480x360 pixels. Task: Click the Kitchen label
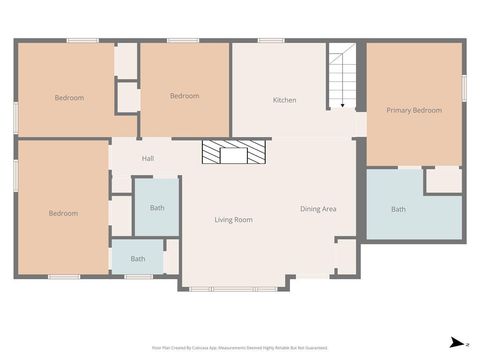tap(285, 100)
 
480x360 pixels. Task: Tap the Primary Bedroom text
tap(414, 110)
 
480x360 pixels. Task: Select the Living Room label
tap(233, 220)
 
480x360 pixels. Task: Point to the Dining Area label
tap(318, 209)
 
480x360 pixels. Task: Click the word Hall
tap(147, 159)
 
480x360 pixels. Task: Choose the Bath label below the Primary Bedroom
tap(398, 210)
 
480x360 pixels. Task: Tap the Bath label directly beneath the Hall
tap(157, 208)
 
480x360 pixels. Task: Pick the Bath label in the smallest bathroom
tap(137, 259)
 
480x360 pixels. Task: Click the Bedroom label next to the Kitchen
tap(184, 96)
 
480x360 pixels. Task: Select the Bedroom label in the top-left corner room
tap(69, 97)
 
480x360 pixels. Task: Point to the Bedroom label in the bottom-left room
tap(63, 213)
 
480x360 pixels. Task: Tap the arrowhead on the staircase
tap(342, 105)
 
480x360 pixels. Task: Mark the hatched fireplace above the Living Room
tap(235, 152)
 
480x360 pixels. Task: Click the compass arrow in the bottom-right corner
tap(454, 342)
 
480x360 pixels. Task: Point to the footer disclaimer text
tap(239, 348)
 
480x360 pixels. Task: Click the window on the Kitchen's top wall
tap(271, 41)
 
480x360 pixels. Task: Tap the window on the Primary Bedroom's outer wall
tap(465, 87)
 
